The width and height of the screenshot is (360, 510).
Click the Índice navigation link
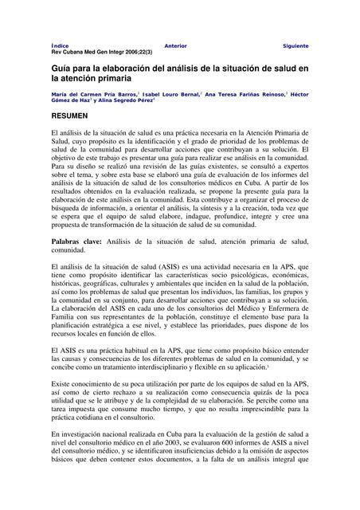coord(57,45)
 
